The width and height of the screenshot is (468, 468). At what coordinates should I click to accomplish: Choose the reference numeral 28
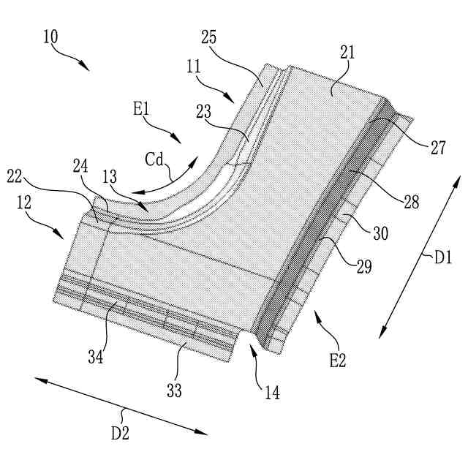pos(410,203)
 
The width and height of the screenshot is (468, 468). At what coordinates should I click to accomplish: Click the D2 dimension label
pos(120,432)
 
